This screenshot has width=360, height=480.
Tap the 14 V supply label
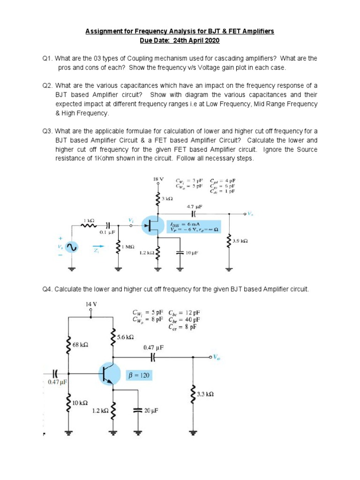[91, 304]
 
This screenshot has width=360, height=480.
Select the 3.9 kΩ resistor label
[240, 240]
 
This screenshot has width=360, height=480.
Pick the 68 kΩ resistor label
[81, 345]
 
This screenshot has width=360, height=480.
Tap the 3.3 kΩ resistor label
[206, 394]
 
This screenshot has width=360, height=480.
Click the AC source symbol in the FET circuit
[73, 247]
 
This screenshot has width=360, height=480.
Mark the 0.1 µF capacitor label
[107, 232]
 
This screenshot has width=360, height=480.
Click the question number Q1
[47, 59]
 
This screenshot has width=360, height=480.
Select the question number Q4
[47, 289]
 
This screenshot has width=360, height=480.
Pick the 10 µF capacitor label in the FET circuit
[192, 253]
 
